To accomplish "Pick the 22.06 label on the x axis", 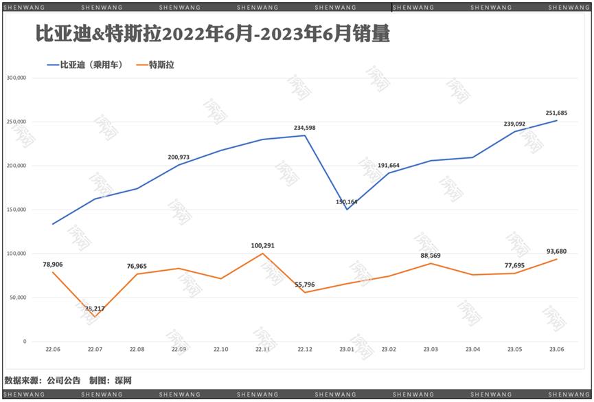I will coord(53,349).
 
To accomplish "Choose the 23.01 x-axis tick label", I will coord(347,349).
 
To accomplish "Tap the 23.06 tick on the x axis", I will coord(556,349).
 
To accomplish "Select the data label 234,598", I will coord(305,128).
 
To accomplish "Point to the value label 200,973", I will coord(179,157).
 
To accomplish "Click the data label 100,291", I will coord(263,245).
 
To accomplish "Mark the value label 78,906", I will coord(53,265).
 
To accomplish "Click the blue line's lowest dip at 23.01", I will coord(347,209).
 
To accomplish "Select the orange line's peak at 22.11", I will coord(263,254).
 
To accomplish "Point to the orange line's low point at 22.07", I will coord(95,317).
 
